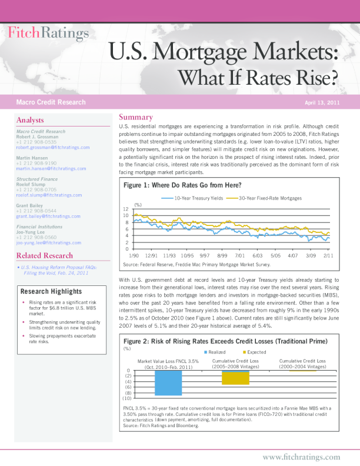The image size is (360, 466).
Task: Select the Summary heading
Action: pos(136,117)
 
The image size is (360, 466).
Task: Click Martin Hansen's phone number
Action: pos(36,163)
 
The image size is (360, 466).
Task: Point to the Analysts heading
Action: pos(30,120)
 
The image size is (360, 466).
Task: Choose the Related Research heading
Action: pos(45,255)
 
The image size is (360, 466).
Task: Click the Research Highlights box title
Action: pos(51,292)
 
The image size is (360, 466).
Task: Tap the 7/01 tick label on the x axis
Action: pos(239,256)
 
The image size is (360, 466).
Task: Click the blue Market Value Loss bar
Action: pos(168,382)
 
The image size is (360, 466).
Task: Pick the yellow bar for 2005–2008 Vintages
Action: pos(235,377)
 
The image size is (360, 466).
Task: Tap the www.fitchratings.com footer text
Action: pos(301,457)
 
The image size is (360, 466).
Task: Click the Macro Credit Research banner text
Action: pos(51,102)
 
